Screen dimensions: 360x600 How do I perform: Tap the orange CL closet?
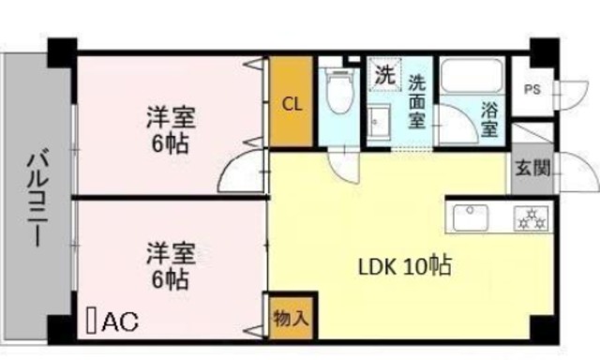point(292,104)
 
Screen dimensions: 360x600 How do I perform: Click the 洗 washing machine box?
point(384,72)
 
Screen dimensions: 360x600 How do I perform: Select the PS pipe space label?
point(532,91)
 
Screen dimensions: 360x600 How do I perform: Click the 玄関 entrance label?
point(532,169)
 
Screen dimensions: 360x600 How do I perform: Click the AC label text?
point(119,322)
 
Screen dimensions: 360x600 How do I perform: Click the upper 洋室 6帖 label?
point(170,128)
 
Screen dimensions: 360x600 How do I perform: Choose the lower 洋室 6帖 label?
point(170,264)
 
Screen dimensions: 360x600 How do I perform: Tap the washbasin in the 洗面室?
point(379,122)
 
